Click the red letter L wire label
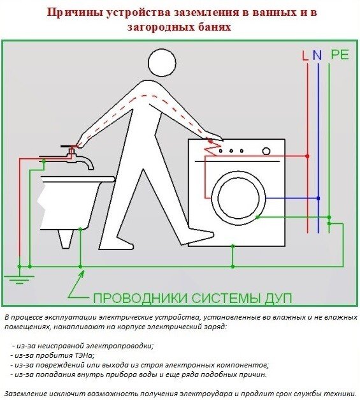(305, 56)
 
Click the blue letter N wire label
(317, 55)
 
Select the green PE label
(340, 55)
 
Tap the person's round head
(162, 63)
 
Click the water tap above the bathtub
(74, 156)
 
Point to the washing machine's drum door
(239, 198)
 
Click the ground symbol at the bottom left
(19, 279)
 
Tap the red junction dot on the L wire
(308, 156)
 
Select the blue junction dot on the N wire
(318, 198)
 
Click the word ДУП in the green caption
(278, 298)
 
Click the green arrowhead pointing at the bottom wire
(82, 274)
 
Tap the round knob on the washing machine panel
(266, 151)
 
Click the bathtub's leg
(65, 239)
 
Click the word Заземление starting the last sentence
(28, 393)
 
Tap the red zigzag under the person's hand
(213, 147)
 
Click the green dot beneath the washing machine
(233, 246)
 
